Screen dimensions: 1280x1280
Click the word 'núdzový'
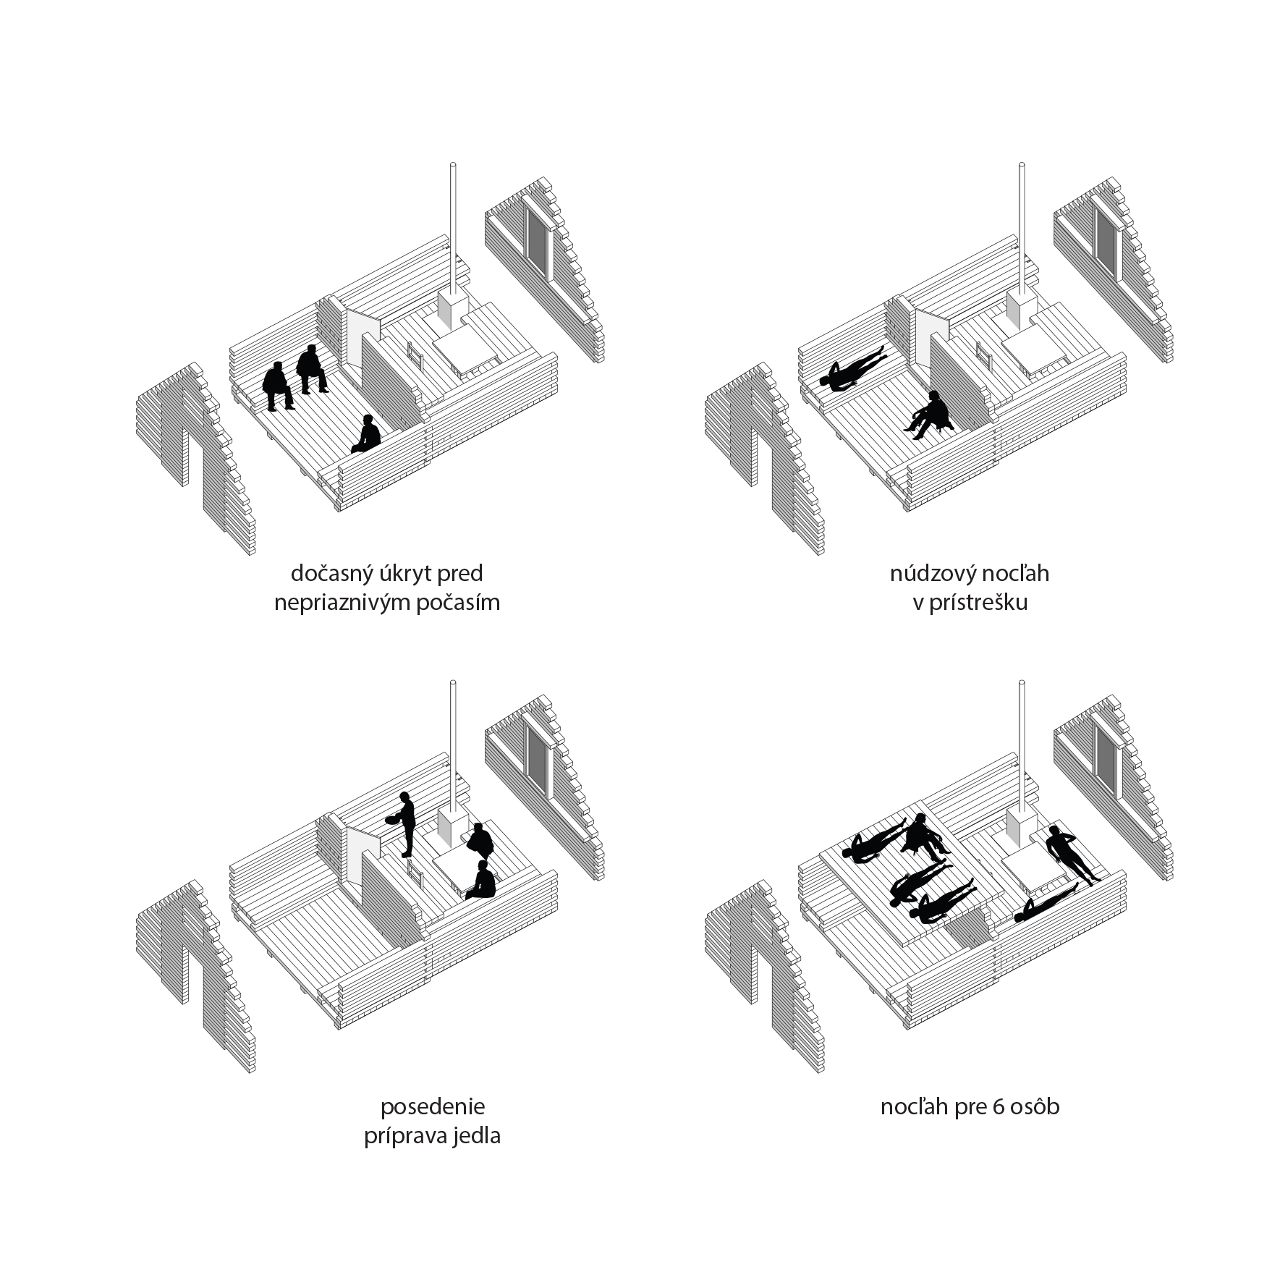click(935, 574)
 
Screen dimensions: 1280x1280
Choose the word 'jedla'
click(475, 1136)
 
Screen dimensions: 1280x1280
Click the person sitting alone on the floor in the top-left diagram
click(368, 434)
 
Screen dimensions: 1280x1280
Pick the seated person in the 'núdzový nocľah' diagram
click(931, 415)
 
